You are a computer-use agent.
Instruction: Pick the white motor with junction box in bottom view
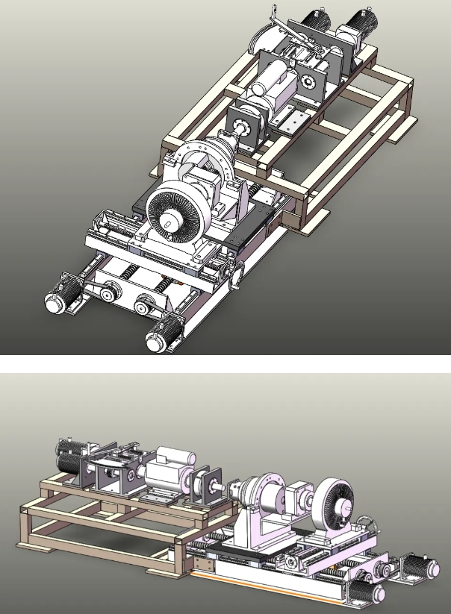coord(168,472)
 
